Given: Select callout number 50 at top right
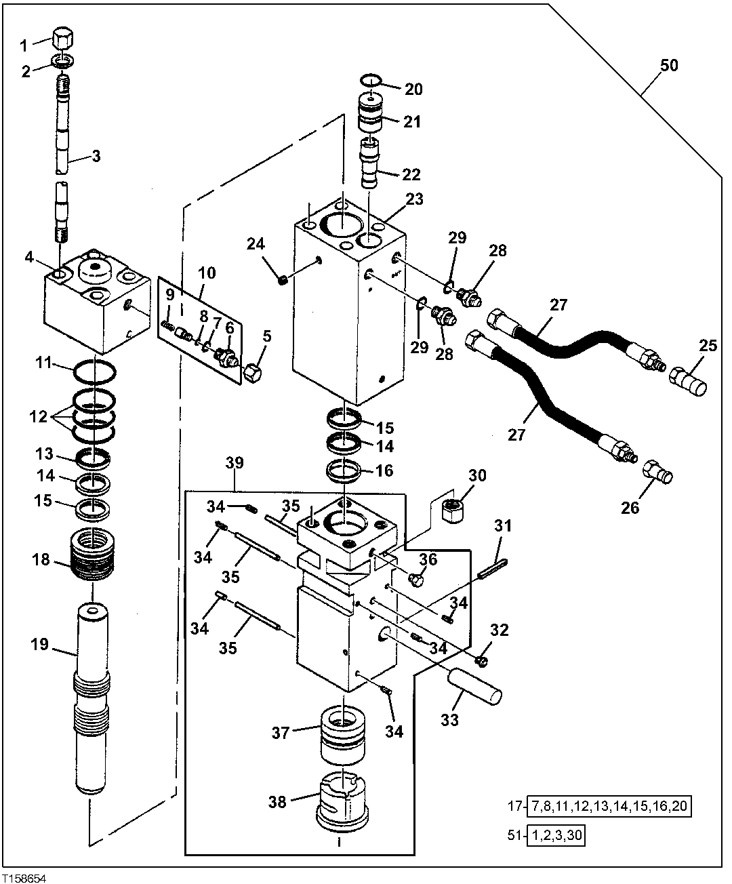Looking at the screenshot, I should point(669,66).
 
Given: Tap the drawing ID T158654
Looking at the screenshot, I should point(24,877).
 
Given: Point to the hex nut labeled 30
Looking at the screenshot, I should point(451,508).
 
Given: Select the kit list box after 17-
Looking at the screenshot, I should point(612,807).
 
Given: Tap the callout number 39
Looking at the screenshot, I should point(236,463).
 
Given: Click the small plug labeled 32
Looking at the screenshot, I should point(482,660).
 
